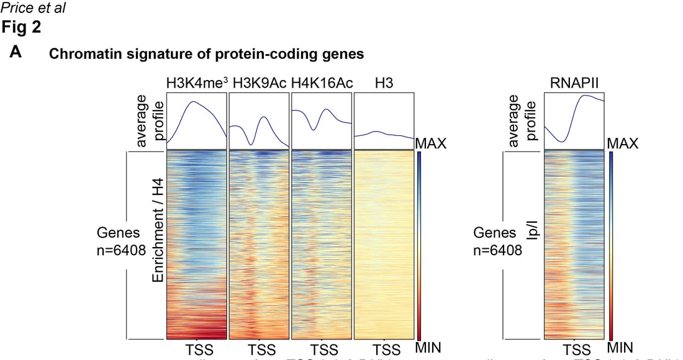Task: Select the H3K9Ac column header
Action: [258, 84]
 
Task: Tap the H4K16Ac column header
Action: [320, 84]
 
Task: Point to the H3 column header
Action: [383, 84]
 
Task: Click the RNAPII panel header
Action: [574, 84]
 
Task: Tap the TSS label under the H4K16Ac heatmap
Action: [323, 349]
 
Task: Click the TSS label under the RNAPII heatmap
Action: [577, 349]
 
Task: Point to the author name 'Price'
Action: [16, 8]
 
